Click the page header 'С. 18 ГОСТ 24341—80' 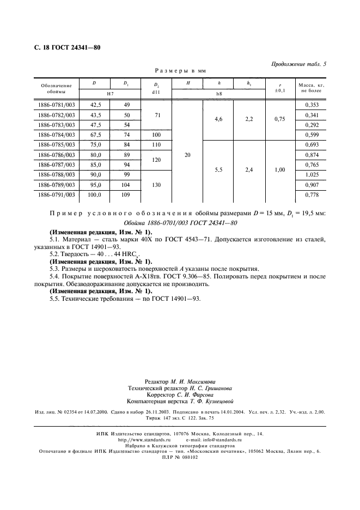pyautogui.click(x=64, y=47)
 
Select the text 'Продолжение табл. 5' pyautogui.click(x=298, y=64)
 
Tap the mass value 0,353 pyautogui.click(x=310, y=105)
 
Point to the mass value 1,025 pyautogui.click(x=310, y=174)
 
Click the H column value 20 pyautogui.click(x=187, y=155)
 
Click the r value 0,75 pyautogui.click(x=279, y=119)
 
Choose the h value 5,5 pyautogui.click(x=218, y=169)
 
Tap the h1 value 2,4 pyautogui.click(x=249, y=169)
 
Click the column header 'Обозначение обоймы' pyautogui.click(x=56, y=88)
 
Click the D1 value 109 pyautogui.click(x=126, y=194)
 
